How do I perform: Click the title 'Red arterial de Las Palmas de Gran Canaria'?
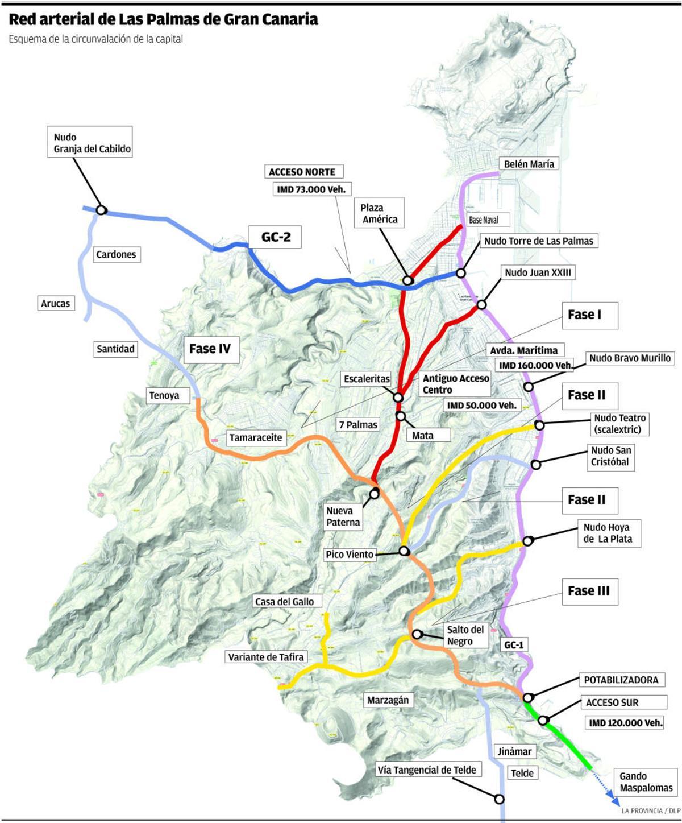point(163,20)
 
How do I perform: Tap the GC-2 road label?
point(276,237)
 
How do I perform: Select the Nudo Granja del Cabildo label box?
point(92,143)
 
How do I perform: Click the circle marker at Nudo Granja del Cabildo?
point(101,210)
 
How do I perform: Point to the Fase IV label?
point(210,349)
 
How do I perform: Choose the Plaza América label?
point(380,213)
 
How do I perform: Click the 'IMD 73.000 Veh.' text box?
point(311,189)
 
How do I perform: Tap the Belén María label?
point(529,164)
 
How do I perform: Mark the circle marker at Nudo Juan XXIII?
point(482,305)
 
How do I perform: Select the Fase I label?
point(584,315)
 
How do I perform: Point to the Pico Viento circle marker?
point(404,551)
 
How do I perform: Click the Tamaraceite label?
point(256,437)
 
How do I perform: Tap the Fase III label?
point(588,591)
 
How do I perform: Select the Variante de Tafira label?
point(266,657)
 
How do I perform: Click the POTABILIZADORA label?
point(621,680)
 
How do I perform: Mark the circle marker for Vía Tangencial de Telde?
point(499,799)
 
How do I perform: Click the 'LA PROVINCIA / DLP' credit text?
point(651,810)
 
